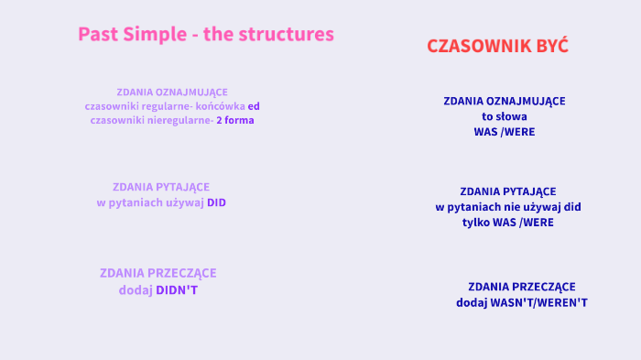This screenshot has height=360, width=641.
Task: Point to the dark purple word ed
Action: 254,106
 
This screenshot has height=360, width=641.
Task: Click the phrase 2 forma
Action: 235,121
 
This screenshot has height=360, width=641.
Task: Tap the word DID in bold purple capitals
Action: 216,202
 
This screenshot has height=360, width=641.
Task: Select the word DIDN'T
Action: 177,290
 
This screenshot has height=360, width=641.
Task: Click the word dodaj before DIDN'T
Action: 135,290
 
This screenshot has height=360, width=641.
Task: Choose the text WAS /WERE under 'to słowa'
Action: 504,132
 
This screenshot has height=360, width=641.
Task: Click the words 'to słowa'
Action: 504,117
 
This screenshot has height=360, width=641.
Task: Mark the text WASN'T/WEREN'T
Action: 541,302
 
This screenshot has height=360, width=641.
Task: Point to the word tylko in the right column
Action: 477,223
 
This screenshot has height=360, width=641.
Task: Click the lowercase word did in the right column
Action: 572,207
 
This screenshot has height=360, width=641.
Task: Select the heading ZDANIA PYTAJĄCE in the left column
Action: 161,187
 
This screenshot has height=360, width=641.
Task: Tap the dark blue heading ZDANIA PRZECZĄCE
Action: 522,287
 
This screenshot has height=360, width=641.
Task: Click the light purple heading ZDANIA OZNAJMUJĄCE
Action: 172,92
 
